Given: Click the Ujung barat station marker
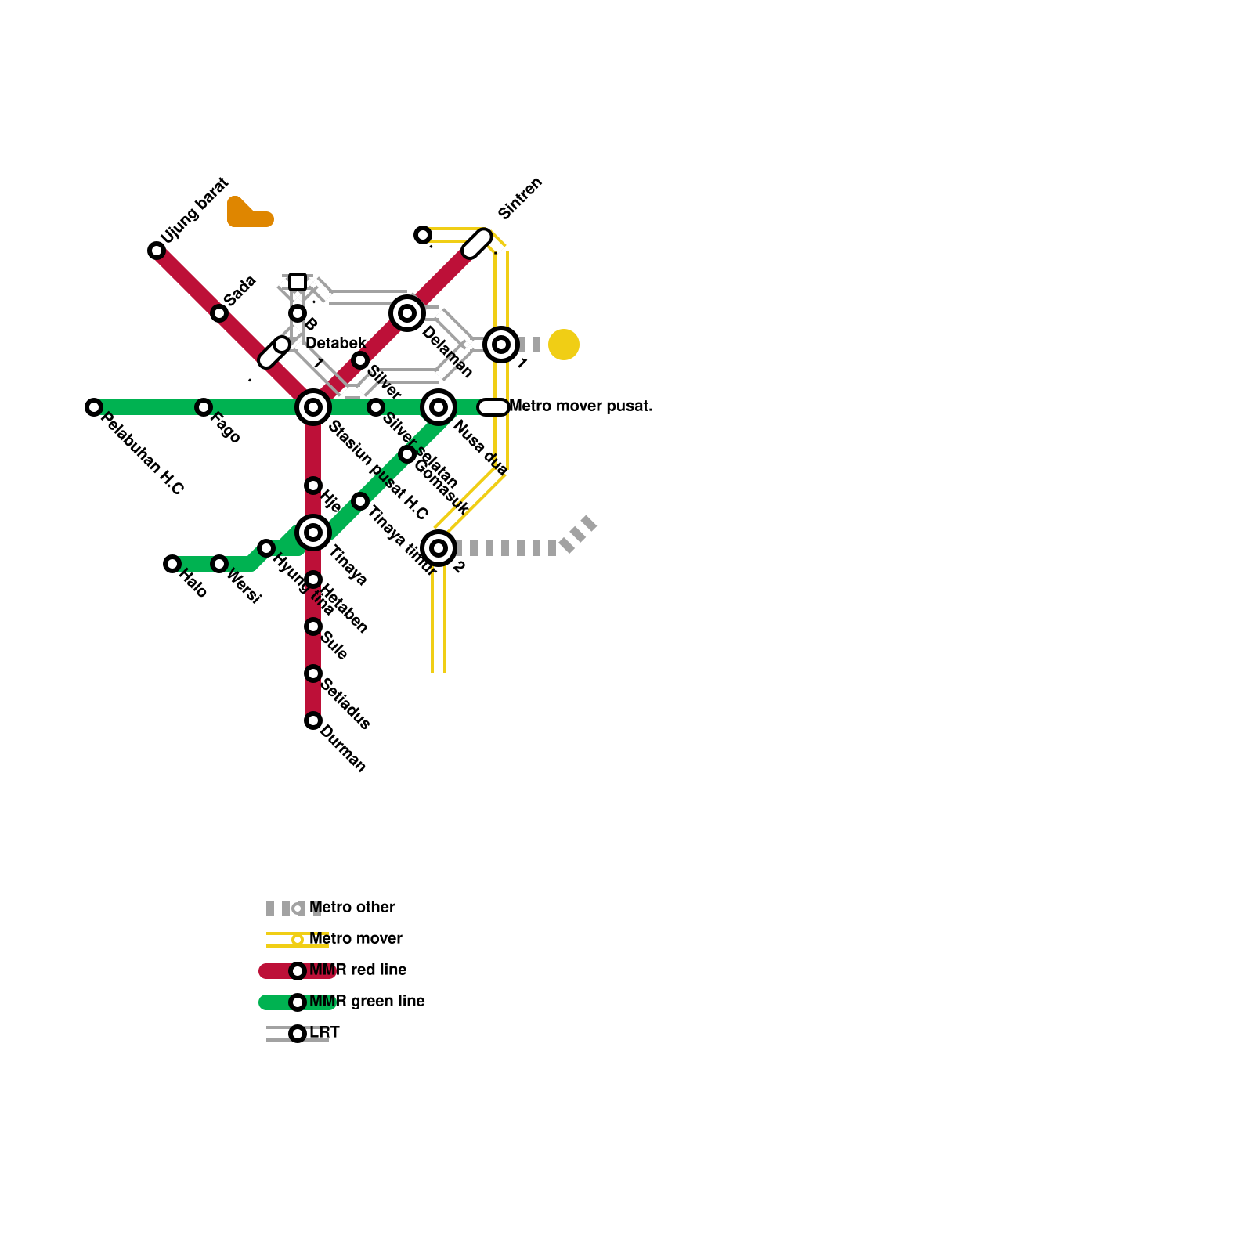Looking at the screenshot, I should (x=157, y=251).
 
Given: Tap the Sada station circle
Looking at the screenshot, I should (x=219, y=313).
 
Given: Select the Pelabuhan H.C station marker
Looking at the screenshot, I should (x=94, y=407).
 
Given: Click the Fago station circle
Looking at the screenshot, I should (x=204, y=407).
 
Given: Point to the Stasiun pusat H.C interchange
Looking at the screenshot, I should (x=313, y=407).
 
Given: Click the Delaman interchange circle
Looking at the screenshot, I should (x=407, y=313).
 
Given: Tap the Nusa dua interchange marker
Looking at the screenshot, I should (x=439, y=407).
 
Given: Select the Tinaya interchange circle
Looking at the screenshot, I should (x=313, y=533).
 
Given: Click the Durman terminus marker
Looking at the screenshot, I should (x=313, y=720).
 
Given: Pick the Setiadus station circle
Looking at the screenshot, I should (x=313, y=673).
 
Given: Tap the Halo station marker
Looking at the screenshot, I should (x=172, y=564).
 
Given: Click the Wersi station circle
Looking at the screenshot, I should (x=219, y=564).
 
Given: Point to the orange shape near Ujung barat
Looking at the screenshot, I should (x=247, y=214).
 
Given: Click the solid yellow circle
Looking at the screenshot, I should (x=564, y=345).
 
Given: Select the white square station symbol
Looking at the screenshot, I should (x=298, y=282).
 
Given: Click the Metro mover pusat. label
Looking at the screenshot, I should (x=580, y=406).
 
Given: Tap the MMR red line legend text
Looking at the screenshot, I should (x=358, y=970).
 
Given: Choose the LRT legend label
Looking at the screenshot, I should (x=324, y=1033).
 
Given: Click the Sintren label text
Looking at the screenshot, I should (x=520, y=198).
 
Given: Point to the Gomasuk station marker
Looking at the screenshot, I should (x=407, y=454).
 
